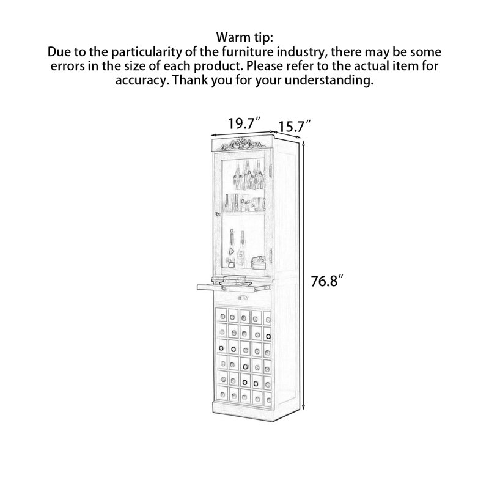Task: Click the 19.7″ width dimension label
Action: pyautogui.click(x=244, y=123)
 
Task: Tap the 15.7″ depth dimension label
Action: pyautogui.click(x=295, y=127)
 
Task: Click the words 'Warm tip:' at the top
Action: pyautogui.click(x=244, y=37)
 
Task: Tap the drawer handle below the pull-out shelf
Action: pyautogui.click(x=243, y=298)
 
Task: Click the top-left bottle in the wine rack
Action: pyautogui.click(x=222, y=317)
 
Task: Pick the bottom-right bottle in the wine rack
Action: pyautogui.click(x=268, y=400)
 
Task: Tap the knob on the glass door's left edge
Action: pyautogui.click(x=216, y=214)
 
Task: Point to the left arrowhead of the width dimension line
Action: pyautogui.click(x=214, y=135)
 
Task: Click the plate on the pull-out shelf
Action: pyautogui.click(x=235, y=284)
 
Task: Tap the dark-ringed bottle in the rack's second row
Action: pyautogui.click(x=268, y=336)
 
